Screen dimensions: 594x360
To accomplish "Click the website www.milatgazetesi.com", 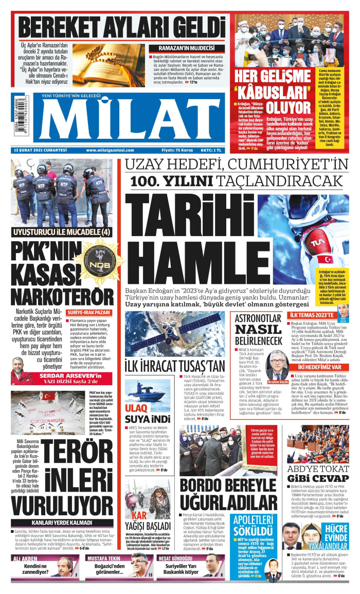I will pyautogui.click(x=110, y=150).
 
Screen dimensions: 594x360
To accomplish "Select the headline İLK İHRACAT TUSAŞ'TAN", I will pyautogui.click(x=175, y=366).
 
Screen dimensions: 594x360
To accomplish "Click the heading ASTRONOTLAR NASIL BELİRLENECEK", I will pyautogui.click(x=258, y=330).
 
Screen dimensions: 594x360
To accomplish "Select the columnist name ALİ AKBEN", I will pyautogui.click(x=25, y=558).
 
